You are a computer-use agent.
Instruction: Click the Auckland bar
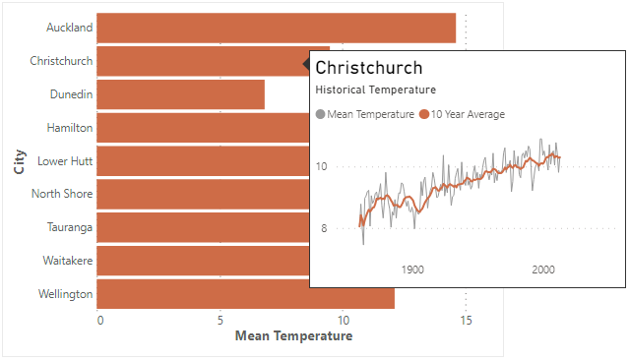pyautogui.click(x=276, y=28)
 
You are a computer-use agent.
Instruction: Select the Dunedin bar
pyautogui.click(x=180, y=94)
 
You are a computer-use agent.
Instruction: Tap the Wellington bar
pyautogui.click(x=245, y=294)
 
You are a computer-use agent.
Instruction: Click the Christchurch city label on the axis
pyautogui.click(x=61, y=61)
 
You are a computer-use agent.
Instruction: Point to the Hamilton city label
pyautogui.click(x=70, y=128)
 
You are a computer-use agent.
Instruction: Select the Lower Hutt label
pyautogui.click(x=65, y=160)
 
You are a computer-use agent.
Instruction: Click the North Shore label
pyautogui.click(x=62, y=194)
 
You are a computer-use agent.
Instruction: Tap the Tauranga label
pyautogui.click(x=70, y=227)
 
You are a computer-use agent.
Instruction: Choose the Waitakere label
pyautogui.click(x=68, y=261)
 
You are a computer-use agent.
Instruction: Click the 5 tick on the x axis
pyautogui.click(x=220, y=321)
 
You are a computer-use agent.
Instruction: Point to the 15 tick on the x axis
pyautogui.click(x=467, y=321)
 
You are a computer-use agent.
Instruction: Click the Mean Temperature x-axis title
pyautogui.click(x=293, y=336)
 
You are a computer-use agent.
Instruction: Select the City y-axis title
pyautogui.click(x=20, y=161)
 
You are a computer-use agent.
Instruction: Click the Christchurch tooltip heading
pyautogui.click(x=369, y=68)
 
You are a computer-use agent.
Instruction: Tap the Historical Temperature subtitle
pyautogui.click(x=375, y=90)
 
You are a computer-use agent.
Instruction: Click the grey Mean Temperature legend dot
pyautogui.click(x=320, y=115)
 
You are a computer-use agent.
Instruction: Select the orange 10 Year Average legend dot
pyautogui.click(x=424, y=115)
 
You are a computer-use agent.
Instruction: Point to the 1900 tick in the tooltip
pyautogui.click(x=412, y=270)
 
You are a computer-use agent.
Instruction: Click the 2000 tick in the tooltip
pyautogui.click(x=543, y=270)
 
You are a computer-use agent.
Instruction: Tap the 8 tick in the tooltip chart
pyautogui.click(x=324, y=228)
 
